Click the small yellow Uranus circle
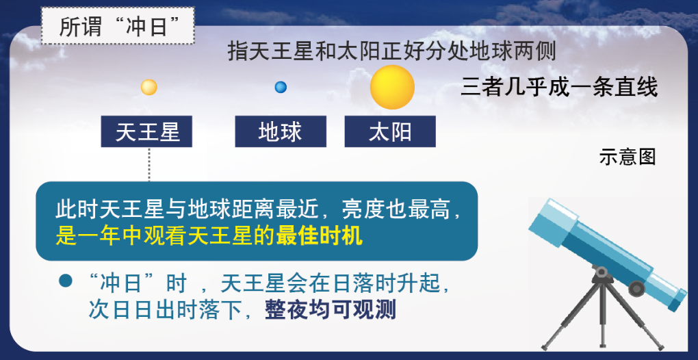149,87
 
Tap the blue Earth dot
281,87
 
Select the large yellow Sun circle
392,87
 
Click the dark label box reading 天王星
146,131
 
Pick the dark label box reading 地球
281,131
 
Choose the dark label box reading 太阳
390,131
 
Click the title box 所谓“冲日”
118,25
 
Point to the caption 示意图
628,157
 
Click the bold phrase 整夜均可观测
331,310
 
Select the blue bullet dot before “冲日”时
66,281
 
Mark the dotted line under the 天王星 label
149,164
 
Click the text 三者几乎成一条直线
559,87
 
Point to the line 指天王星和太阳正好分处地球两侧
391,51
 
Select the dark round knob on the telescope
636,288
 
